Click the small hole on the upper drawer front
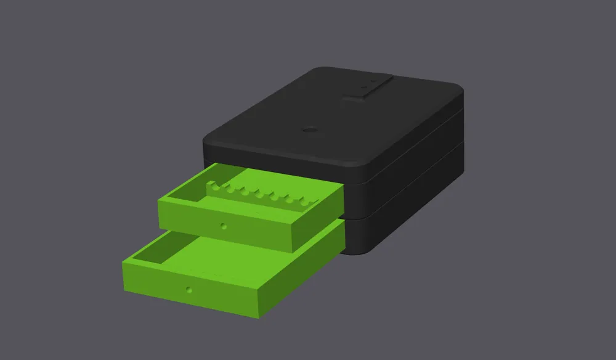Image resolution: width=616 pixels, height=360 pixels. click(x=224, y=226)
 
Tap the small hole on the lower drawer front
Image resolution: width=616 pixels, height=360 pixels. click(x=190, y=288)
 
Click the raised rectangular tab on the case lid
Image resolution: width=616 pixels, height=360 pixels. click(x=368, y=87)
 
